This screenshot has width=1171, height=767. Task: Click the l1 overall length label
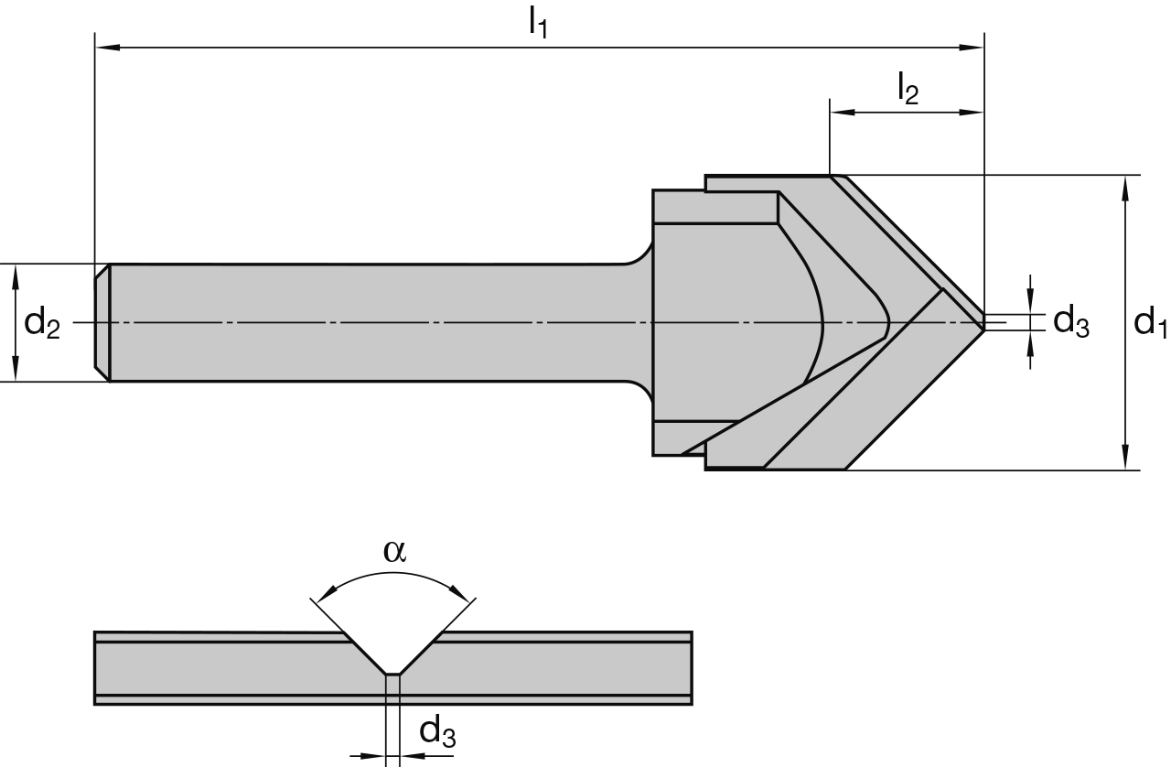coord(538,22)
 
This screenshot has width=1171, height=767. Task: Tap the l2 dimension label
coord(908,89)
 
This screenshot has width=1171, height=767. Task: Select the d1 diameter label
coord(1149,323)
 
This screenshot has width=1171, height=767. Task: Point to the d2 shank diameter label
coord(42,323)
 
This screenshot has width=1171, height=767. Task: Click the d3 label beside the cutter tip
coord(1071,322)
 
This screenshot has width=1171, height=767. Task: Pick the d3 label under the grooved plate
coord(436,731)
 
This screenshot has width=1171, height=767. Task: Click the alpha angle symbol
coord(394,550)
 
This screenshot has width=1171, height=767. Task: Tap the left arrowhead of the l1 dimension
coord(106,46)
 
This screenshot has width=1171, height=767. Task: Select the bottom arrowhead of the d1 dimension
coord(1125,459)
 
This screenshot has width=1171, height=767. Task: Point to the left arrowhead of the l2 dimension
coord(840,112)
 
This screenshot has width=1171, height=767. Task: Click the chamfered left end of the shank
coord(102,322)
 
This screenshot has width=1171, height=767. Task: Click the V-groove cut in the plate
coord(392,652)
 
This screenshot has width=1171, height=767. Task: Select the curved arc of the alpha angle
coord(393,575)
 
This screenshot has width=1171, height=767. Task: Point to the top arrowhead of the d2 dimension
coord(16,275)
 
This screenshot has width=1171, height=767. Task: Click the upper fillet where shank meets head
coord(641,251)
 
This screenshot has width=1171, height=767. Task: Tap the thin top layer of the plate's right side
coord(563,636)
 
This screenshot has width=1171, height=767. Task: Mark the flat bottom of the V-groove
coord(392,675)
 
